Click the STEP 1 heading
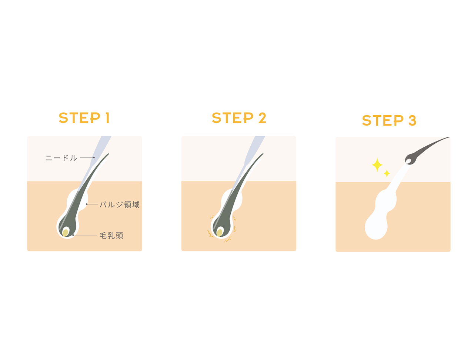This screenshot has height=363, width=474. tap(84, 118)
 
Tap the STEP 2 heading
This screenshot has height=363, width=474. tap(239, 118)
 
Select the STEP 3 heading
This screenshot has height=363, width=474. tap(389, 120)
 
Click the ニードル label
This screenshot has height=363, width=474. tap(61, 158)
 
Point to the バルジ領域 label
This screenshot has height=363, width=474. tap(120, 204)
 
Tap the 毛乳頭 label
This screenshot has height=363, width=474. tap(111, 236)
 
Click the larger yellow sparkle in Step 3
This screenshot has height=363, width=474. tap(377, 165)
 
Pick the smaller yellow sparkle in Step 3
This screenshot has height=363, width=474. tap(387, 173)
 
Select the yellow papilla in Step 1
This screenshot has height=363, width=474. tap(65, 233)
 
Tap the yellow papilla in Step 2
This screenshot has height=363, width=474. tap(220, 233)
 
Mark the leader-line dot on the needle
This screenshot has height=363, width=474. tap(94, 157)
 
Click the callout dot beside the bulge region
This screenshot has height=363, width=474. tap(87, 204)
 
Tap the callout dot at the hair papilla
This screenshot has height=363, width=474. tap(73, 235)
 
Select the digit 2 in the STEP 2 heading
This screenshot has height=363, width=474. tap(262, 118)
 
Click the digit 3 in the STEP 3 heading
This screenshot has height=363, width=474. tap(413, 120)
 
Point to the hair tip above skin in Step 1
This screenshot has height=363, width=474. tap(108, 154)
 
